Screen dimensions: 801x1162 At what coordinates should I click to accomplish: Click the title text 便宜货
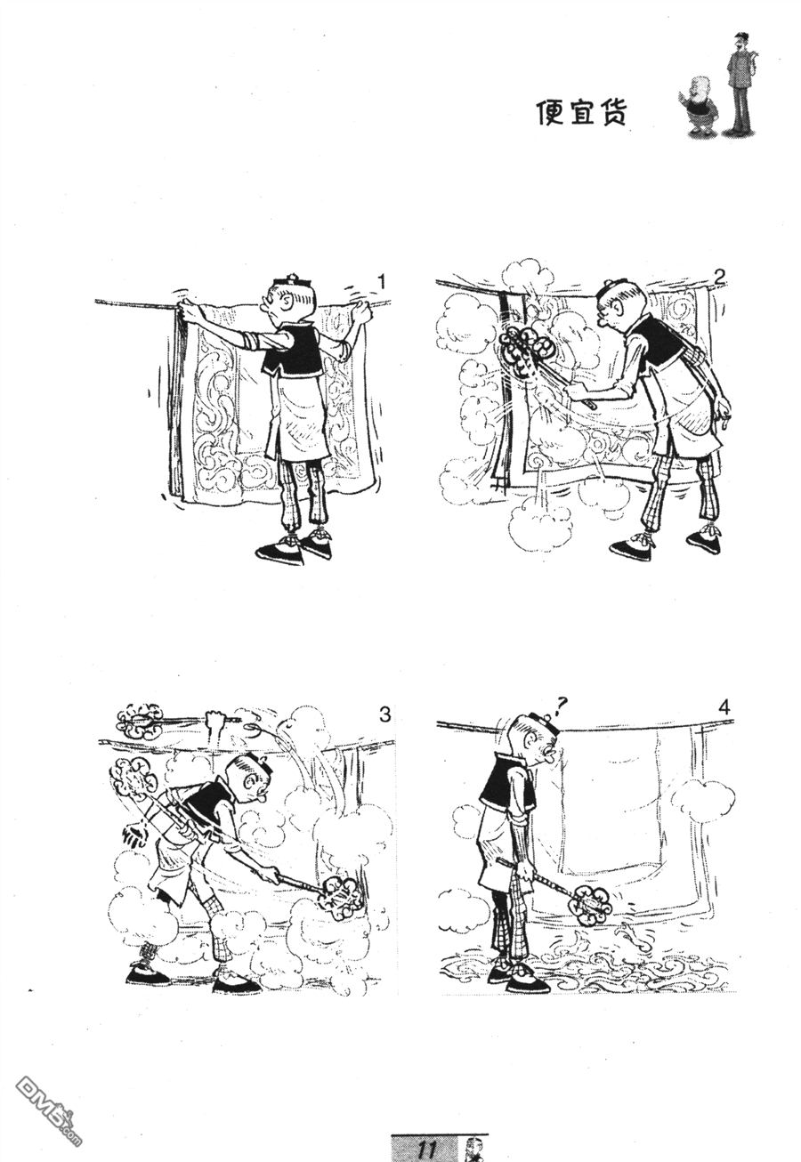pos(580,112)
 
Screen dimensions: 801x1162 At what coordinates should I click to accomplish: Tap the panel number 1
pos(381,283)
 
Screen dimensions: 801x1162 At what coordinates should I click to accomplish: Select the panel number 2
pos(718,278)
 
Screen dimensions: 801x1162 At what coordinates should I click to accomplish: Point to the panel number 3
pos(384,715)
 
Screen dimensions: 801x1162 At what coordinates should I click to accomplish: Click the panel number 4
pos(724,708)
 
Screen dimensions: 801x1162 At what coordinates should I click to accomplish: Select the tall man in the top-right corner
pos(740,82)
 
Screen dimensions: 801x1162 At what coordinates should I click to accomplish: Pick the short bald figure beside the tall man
pos(698,105)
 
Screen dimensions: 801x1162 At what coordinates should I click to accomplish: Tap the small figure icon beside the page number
pos(472,1148)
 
